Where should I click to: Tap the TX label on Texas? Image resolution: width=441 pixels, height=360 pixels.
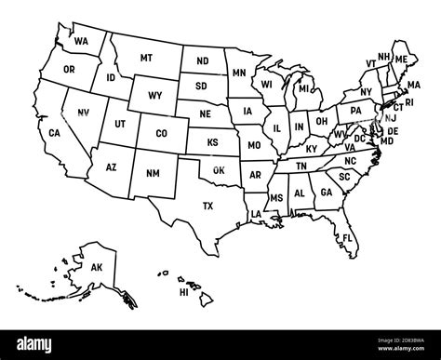point(207,206)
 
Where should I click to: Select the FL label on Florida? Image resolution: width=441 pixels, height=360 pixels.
point(347,238)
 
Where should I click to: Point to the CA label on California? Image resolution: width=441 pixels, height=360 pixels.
point(55,134)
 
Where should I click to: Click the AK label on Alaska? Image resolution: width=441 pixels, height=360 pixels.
point(96,267)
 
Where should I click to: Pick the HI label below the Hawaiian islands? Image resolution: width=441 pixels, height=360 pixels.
point(184,291)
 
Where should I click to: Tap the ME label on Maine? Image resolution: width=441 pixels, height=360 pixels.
point(402,59)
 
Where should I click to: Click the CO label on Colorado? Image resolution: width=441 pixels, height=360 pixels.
point(162,133)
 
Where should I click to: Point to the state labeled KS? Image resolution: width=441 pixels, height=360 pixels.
point(213,142)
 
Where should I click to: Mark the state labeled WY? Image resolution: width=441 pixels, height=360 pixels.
point(154,95)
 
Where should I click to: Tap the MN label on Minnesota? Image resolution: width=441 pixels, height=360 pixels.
point(238,73)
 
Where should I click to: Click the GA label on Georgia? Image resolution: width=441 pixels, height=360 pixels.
point(326,193)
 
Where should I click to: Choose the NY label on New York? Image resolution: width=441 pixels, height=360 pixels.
point(364,90)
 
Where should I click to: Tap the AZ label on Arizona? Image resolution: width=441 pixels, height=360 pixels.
point(111,167)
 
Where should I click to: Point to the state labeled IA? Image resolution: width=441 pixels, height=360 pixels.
point(247,111)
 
